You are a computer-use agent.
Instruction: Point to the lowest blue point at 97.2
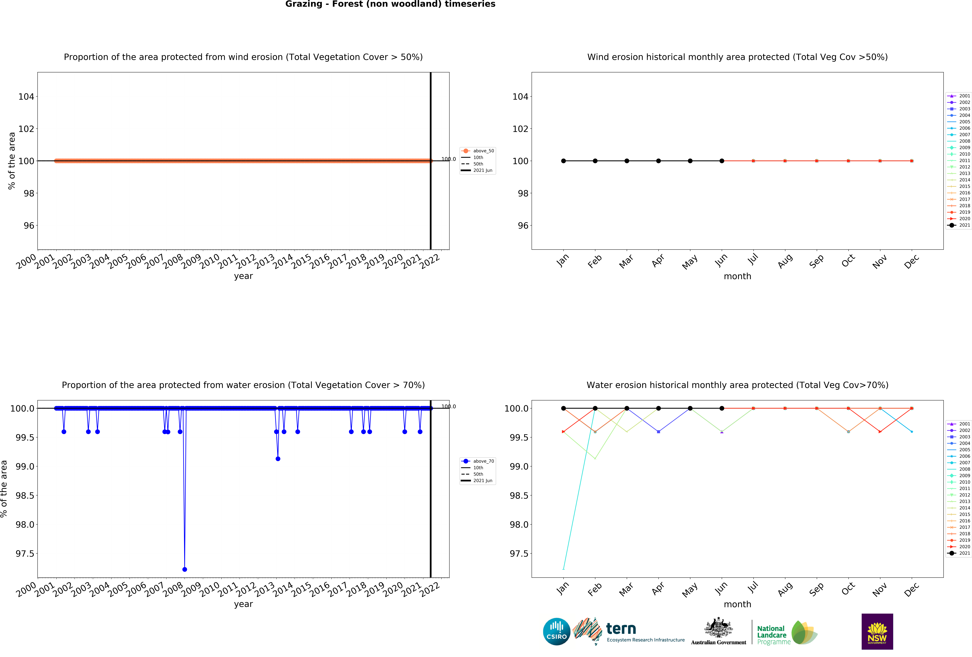(x=184, y=569)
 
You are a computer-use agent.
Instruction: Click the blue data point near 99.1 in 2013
(x=278, y=459)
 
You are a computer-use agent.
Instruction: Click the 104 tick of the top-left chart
(x=26, y=97)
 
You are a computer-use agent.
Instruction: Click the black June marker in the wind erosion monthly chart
(x=722, y=161)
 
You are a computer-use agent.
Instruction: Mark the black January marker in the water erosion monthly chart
(x=563, y=408)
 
